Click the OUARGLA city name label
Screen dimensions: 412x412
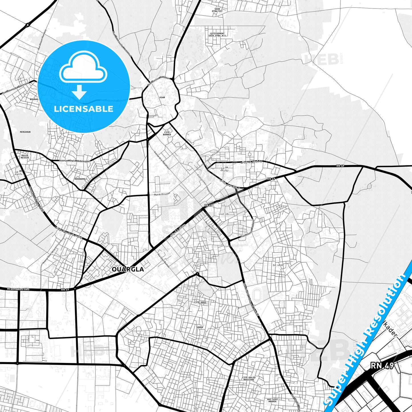coord(128,269)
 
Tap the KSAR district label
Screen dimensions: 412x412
coord(162,98)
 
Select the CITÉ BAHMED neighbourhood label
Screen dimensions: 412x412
coord(167,133)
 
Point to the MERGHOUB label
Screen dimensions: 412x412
coord(25,132)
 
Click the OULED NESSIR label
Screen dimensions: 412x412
coord(25,157)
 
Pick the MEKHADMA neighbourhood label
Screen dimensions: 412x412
coord(80,179)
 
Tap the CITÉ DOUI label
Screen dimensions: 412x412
coord(200,302)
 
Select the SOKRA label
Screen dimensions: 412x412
coord(200,327)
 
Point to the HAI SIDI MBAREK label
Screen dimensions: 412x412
coord(272,400)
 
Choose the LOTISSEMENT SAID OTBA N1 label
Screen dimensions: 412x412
coord(218,34)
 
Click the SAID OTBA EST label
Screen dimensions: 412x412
coord(217,10)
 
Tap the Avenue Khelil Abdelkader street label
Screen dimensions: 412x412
coord(75,161)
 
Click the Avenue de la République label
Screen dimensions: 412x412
coord(162,160)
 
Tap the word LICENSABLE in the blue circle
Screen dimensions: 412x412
coord(84,109)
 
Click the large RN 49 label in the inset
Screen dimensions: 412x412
coord(382,365)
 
